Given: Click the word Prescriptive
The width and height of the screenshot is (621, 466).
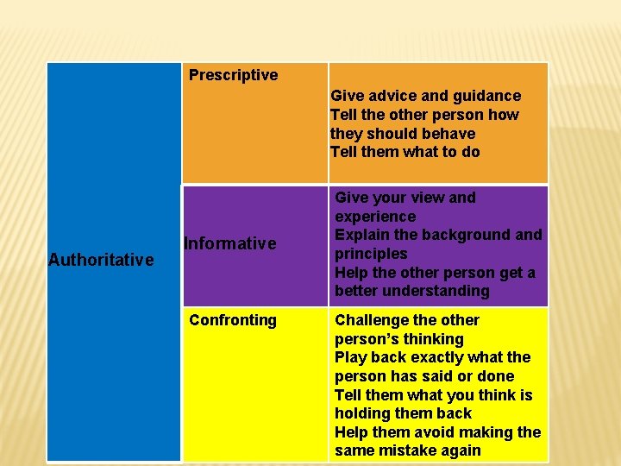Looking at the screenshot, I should [233, 75].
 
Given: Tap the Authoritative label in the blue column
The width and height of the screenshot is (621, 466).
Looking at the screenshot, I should [101, 260].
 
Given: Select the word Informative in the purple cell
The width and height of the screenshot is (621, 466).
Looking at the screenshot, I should [229, 243].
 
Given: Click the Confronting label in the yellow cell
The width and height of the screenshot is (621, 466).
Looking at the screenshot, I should [233, 320].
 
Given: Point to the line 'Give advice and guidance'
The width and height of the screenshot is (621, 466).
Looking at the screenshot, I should [426, 96].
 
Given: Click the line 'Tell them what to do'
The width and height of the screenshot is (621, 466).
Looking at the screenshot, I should [405, 152].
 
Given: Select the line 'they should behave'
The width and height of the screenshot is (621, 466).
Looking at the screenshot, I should [403, 134].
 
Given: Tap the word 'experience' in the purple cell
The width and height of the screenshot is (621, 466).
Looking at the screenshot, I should [375, 217].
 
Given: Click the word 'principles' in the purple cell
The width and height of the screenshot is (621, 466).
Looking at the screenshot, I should [371, 254].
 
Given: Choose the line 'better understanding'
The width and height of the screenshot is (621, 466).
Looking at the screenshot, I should [412, 291].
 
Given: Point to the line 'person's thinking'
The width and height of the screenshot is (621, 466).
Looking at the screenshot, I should [399, 339].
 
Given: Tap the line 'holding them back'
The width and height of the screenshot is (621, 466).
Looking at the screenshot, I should [403, 413].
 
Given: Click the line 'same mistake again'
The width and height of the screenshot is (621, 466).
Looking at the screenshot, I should [408, 450].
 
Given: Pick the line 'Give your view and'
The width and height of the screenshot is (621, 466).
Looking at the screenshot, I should [405, 198].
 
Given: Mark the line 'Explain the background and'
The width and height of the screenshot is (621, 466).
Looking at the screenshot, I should [439, 235].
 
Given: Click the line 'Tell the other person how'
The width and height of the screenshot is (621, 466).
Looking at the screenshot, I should [424, 115].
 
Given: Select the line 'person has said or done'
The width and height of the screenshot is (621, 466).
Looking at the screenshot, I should [424, 376].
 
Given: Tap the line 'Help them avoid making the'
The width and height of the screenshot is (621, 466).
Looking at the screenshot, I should [438, 431].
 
